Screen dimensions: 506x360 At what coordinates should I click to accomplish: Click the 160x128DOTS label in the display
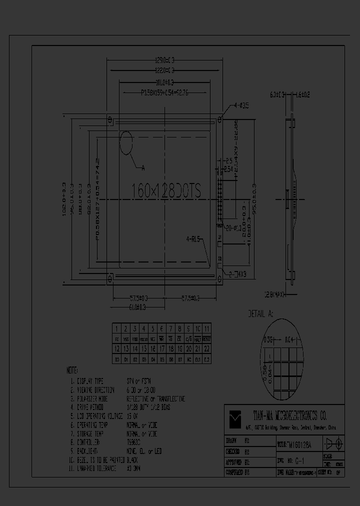point(166,190)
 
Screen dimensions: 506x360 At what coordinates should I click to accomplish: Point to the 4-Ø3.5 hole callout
point(241,105)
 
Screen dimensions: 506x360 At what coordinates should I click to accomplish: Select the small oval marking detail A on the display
point(126,144)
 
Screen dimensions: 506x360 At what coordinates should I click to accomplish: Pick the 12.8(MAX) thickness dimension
point(275,294)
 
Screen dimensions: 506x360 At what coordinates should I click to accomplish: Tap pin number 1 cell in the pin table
point(116,328)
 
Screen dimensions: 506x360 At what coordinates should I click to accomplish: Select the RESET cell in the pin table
point(206,339)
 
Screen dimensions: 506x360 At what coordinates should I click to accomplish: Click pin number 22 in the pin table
point(206,349)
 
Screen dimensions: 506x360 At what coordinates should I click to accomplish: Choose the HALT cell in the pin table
point(197,339)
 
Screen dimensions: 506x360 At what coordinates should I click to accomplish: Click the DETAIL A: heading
point(261,314)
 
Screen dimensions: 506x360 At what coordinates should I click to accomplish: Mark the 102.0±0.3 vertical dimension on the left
point(64,198)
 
